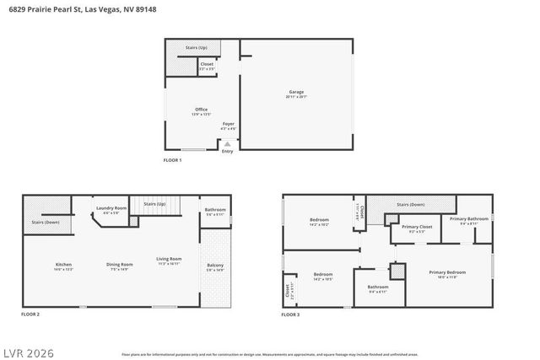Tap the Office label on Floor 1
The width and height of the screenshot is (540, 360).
[201, 109]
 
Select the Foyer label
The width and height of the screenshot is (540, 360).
[228, 124]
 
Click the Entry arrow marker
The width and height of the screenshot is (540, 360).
[226, 143]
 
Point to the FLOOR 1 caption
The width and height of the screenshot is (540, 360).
[172, 159]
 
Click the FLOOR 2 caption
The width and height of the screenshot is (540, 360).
[30, 314]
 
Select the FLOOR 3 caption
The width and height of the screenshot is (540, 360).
[290, 314]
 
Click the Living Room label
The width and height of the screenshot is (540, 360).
[169, 259]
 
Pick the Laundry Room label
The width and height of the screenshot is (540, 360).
[111, 207]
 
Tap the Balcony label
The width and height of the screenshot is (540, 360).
[215, 266]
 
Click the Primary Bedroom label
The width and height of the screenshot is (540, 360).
[446, 272]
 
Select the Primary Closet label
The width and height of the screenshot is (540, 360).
[417, 227]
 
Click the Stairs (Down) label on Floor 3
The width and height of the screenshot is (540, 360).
[411, 204]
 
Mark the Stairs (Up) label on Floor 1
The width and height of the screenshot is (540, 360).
[197, 49]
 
